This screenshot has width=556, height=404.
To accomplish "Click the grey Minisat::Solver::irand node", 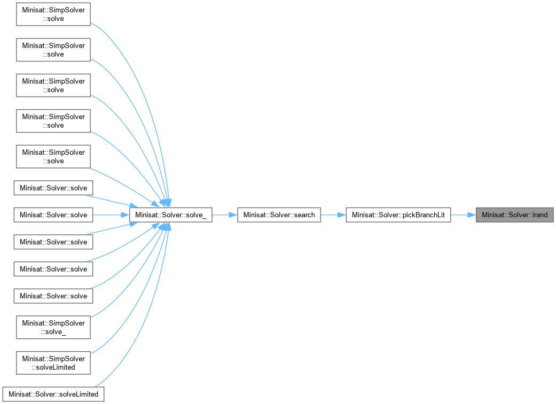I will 515,215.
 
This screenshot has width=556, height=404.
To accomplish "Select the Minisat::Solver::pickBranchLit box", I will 398,215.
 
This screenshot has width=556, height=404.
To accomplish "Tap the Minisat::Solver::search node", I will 279,215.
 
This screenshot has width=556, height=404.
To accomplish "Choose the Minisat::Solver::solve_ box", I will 170,215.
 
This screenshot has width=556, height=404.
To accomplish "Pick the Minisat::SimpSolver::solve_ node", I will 53,327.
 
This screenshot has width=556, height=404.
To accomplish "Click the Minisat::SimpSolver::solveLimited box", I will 53,362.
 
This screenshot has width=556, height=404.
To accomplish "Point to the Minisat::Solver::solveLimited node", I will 53,394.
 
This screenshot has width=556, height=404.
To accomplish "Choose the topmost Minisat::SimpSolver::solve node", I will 53,14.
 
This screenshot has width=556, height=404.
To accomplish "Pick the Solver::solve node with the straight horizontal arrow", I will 53,215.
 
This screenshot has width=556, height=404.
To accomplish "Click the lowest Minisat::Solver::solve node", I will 53,296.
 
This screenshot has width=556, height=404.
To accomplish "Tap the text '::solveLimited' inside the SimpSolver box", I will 53,367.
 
